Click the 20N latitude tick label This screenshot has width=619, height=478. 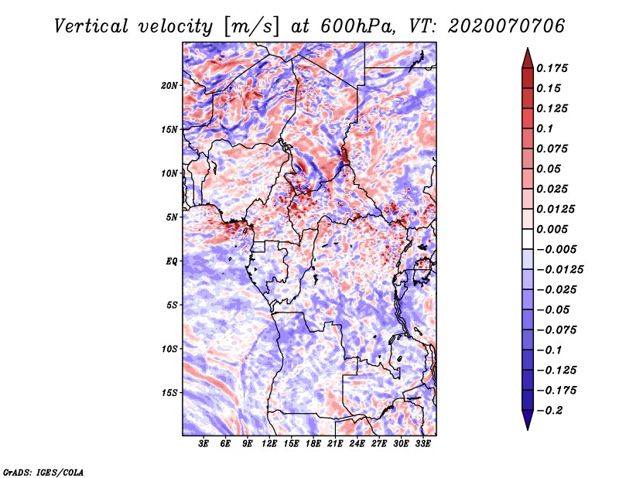tap(169, 85)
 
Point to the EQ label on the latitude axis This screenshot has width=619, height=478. tap(171, 261)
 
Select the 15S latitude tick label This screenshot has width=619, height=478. tap(169, 393)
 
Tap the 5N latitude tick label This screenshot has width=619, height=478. tap(172, 217)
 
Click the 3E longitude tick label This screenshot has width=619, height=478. tap(203, 445)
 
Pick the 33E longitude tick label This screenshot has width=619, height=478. tap(422, 445)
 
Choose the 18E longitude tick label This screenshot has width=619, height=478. tap(313, 445)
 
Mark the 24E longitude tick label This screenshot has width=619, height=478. tap(357, 445)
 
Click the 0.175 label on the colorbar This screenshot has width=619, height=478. tap(553, 69)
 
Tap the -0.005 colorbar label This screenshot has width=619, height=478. tap(556, 250)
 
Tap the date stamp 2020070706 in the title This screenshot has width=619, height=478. tap(496, 26)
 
